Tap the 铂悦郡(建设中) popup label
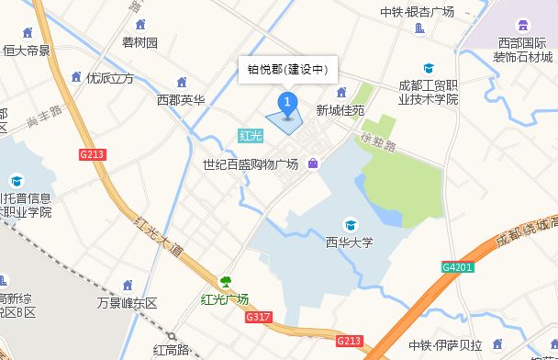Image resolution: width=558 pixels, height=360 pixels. pyautogui.click(x=288, y=69)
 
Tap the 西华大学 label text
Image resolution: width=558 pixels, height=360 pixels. pyautogui.click(x=350, y=243)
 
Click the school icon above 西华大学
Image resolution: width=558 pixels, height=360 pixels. pyautogui.click(x=350, y=225)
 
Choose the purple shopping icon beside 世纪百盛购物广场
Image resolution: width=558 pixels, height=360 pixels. pyautogui.click(x=313, y=164)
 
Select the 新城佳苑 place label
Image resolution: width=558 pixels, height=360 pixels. pyautogui.click(x=340, y=110)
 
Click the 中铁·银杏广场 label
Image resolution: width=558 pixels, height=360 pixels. pyautogui.click(x=418, y=11)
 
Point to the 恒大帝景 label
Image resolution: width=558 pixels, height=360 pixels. pyautogui.click(x=27, y=51)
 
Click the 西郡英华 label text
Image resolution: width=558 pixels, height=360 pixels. pyautogui.click(x=181, y=99)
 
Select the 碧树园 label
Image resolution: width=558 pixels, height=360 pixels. pyautogui.click(x=139, y=43)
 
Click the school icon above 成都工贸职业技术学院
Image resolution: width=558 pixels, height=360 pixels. pyautogui.click(x=428, y=69)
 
